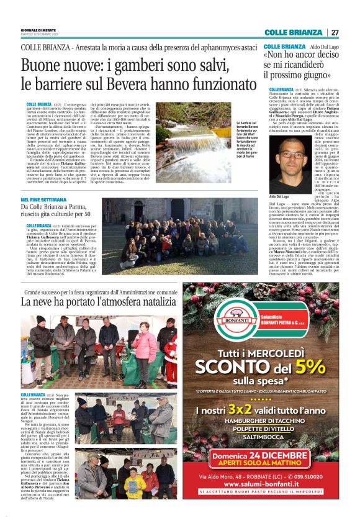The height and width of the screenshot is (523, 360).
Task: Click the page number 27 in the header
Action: pyautogui.click(x=335, y=32)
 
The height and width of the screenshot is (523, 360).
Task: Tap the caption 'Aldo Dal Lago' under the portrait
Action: pyautogui.click(x=281, y=195)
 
